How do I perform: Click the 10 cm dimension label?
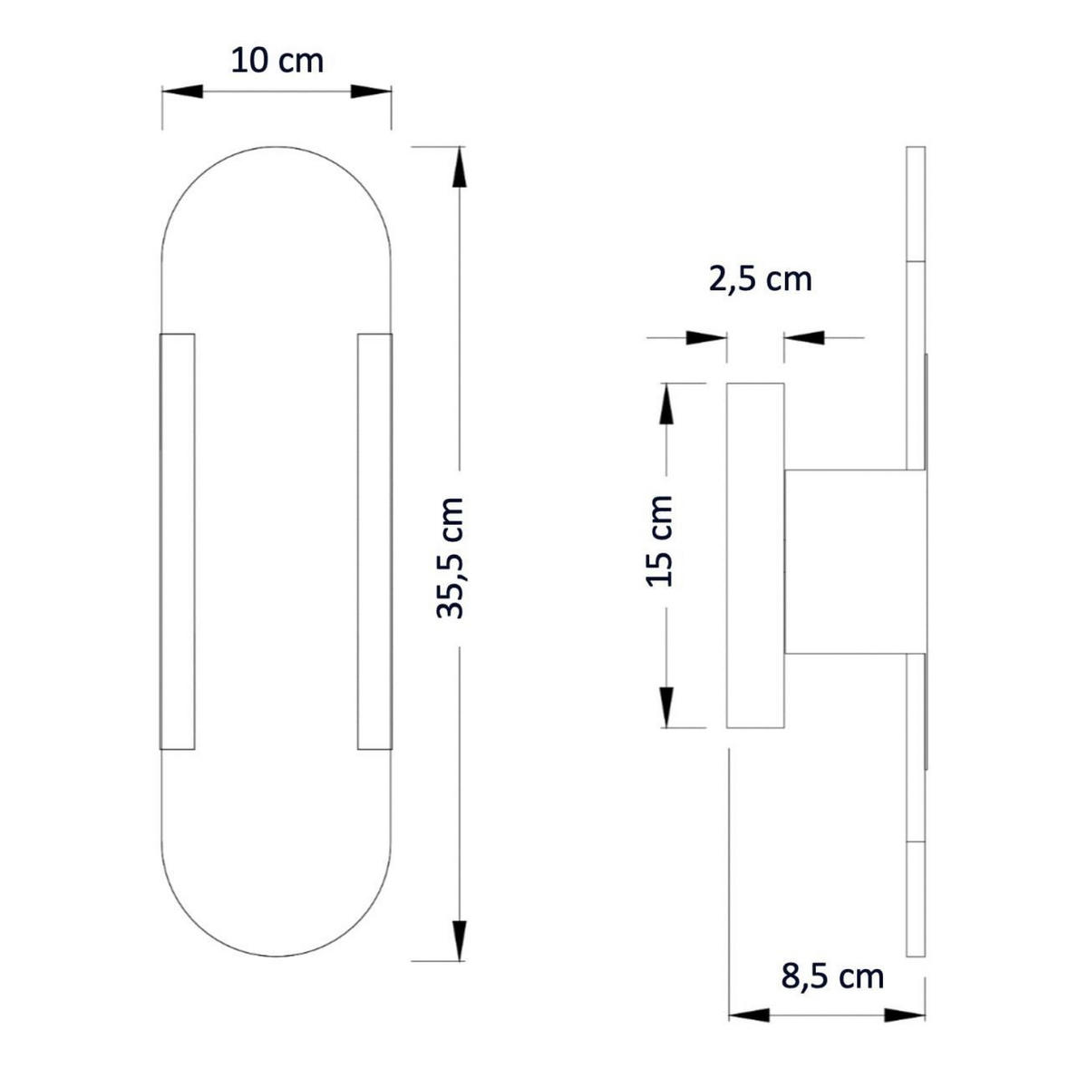[x=277, y=62]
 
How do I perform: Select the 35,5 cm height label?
[x=451, y=558]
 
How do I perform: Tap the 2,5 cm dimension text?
[x=760, y=279]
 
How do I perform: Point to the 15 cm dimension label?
[x=660, y=541]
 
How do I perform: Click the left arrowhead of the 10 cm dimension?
[x=181, y=92]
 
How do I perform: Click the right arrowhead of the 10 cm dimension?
[x=370, y=92]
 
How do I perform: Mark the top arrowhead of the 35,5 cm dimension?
[x=460, y=170]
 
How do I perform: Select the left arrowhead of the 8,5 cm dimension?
[x=750, y=1015]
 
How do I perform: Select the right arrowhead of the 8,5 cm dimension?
[x=905, y=1015]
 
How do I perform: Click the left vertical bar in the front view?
[x=177, y=541]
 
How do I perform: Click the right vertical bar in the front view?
[x=374, y=541]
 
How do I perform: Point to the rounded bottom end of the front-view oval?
[x=277, y=907]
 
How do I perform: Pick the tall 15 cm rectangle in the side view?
[x=755, y=555]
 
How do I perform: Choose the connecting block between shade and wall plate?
[x=854, y=562]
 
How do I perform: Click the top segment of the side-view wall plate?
[x=916, y=204]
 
